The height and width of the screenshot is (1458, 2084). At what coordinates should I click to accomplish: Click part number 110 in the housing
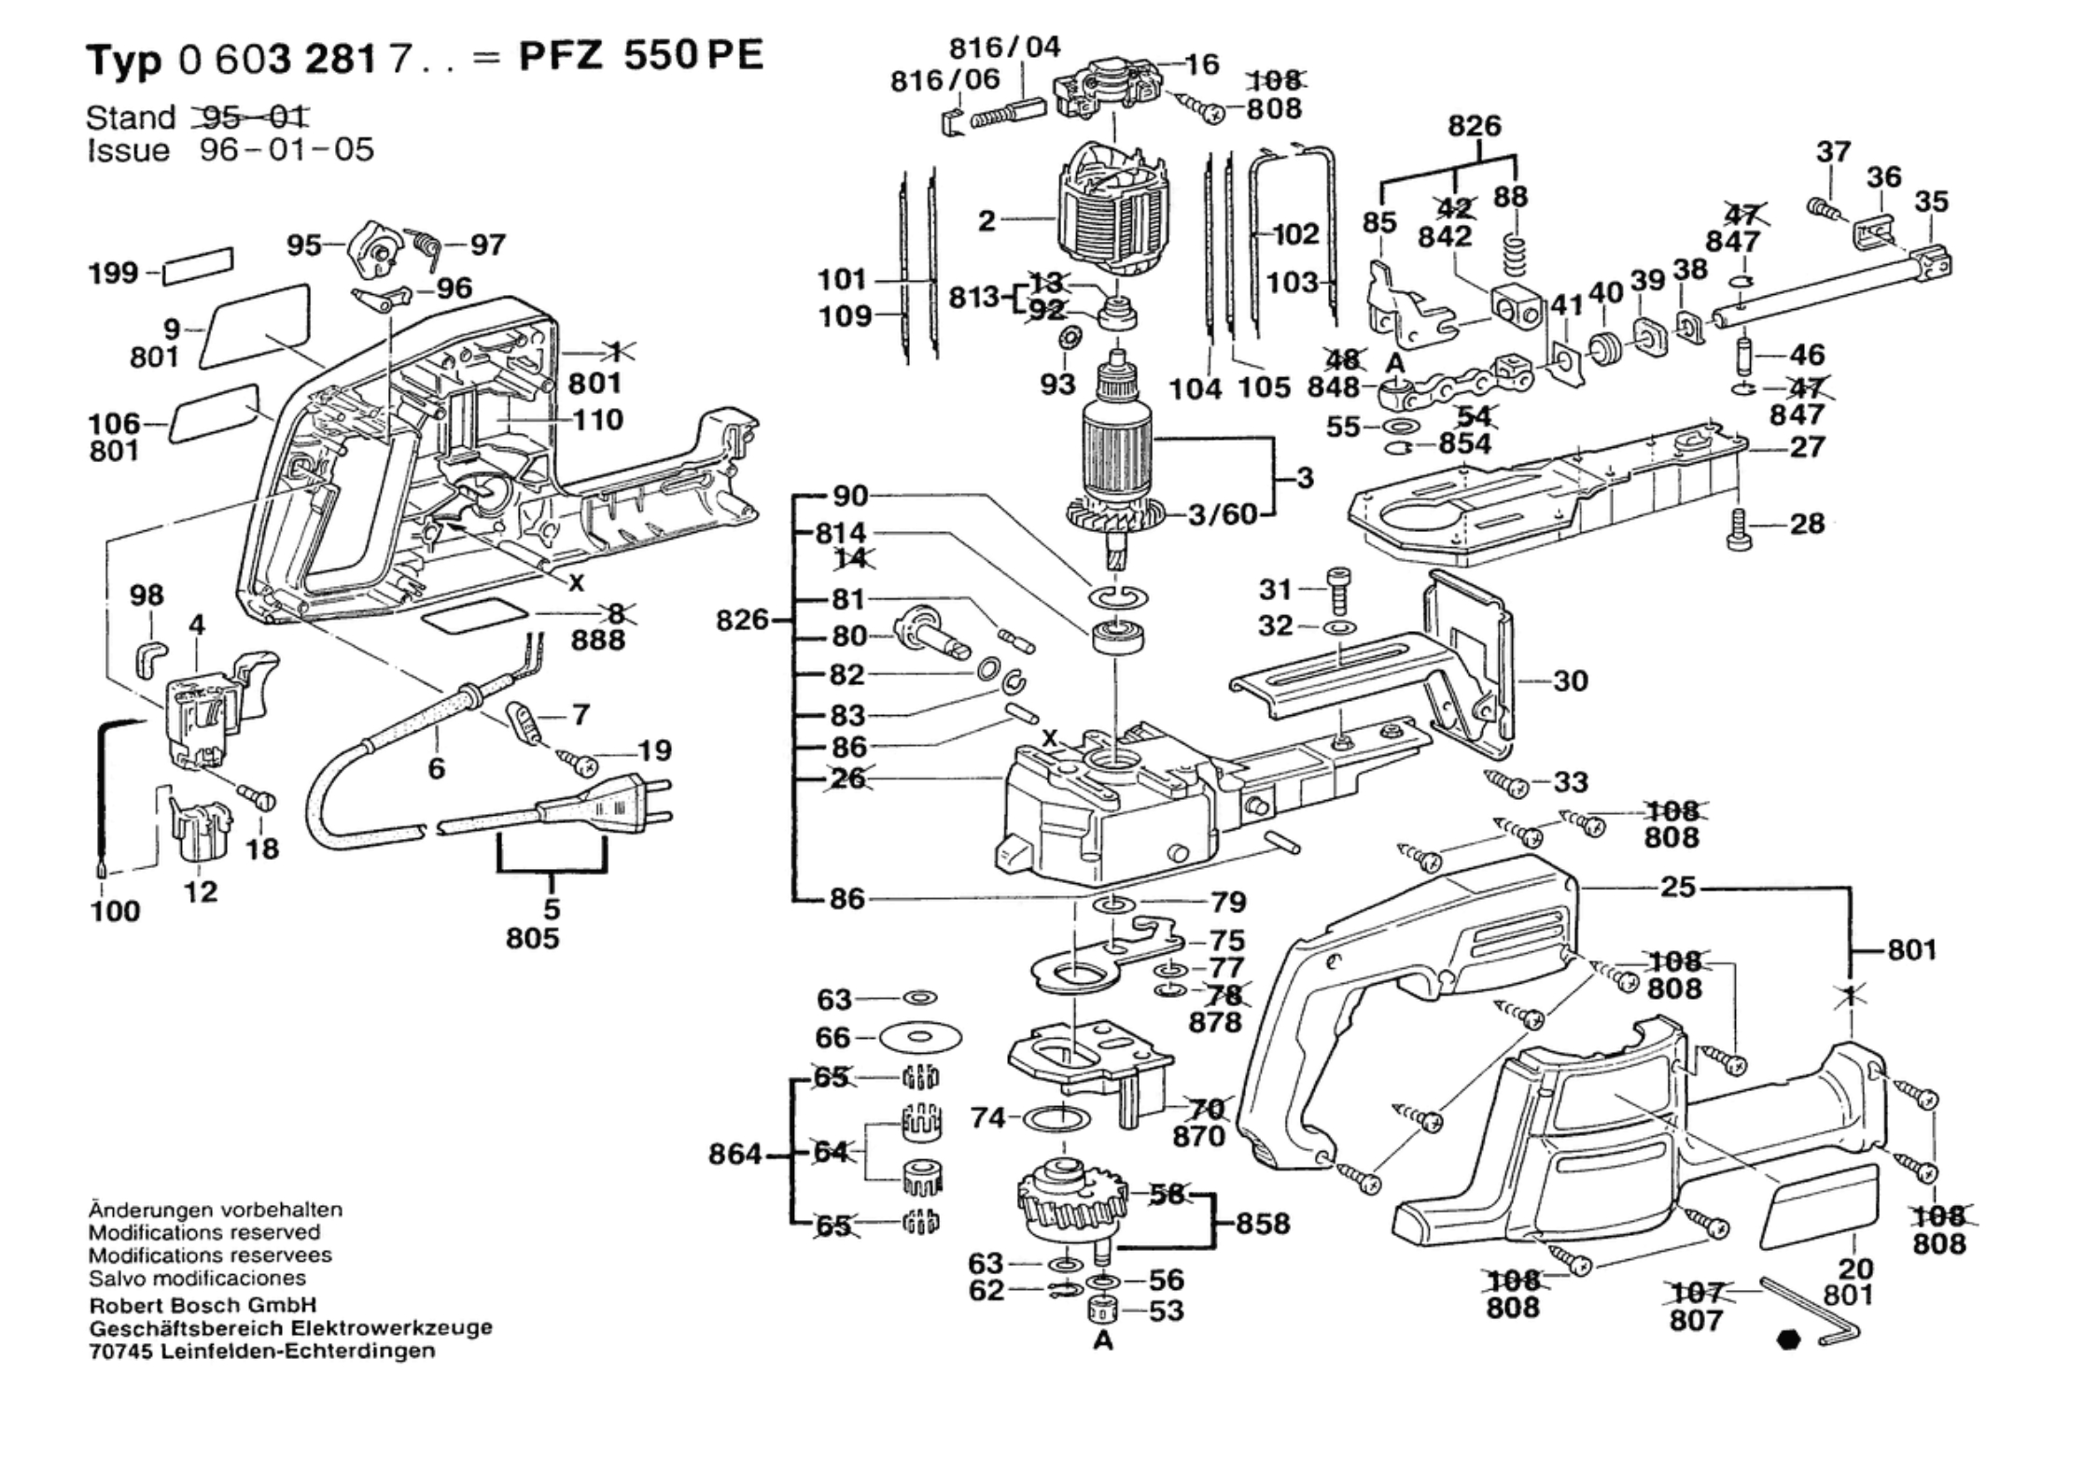coord(598,420)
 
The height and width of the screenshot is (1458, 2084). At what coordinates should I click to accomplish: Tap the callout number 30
coord(1570,680)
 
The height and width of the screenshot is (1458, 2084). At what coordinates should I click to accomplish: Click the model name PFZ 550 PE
coord(641,56)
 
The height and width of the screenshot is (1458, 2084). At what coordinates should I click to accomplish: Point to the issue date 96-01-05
coord(287,149)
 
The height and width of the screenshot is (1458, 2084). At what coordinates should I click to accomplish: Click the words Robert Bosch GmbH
coord(203,1305)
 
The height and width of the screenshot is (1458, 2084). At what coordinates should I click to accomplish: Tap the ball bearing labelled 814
coord(1117,639)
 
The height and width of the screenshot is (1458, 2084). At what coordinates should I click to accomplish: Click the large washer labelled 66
coord(921,1036)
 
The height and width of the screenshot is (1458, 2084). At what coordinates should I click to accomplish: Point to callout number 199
coord(113,273)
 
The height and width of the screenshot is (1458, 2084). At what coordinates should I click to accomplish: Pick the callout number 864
coord(736,1155)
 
